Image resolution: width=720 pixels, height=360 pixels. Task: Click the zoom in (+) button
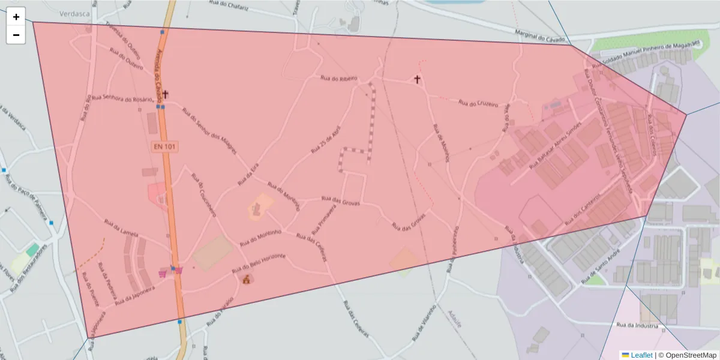tap(16, 17)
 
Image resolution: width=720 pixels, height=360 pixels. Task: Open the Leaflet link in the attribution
tap(641, 355)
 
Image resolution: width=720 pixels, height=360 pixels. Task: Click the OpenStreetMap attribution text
tap(686, 355)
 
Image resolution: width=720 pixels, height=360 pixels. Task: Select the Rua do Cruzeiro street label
tap(478, 104)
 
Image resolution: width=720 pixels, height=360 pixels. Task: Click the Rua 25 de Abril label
tap(326, 139)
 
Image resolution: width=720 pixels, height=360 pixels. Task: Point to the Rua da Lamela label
tap(121, 228)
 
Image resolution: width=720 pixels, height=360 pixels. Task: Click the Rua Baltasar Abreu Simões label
tap(556, 146)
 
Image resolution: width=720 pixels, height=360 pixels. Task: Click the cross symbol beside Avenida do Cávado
tap(165, 94)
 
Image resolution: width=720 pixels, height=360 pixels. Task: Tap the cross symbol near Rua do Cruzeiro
tap(417, 79)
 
